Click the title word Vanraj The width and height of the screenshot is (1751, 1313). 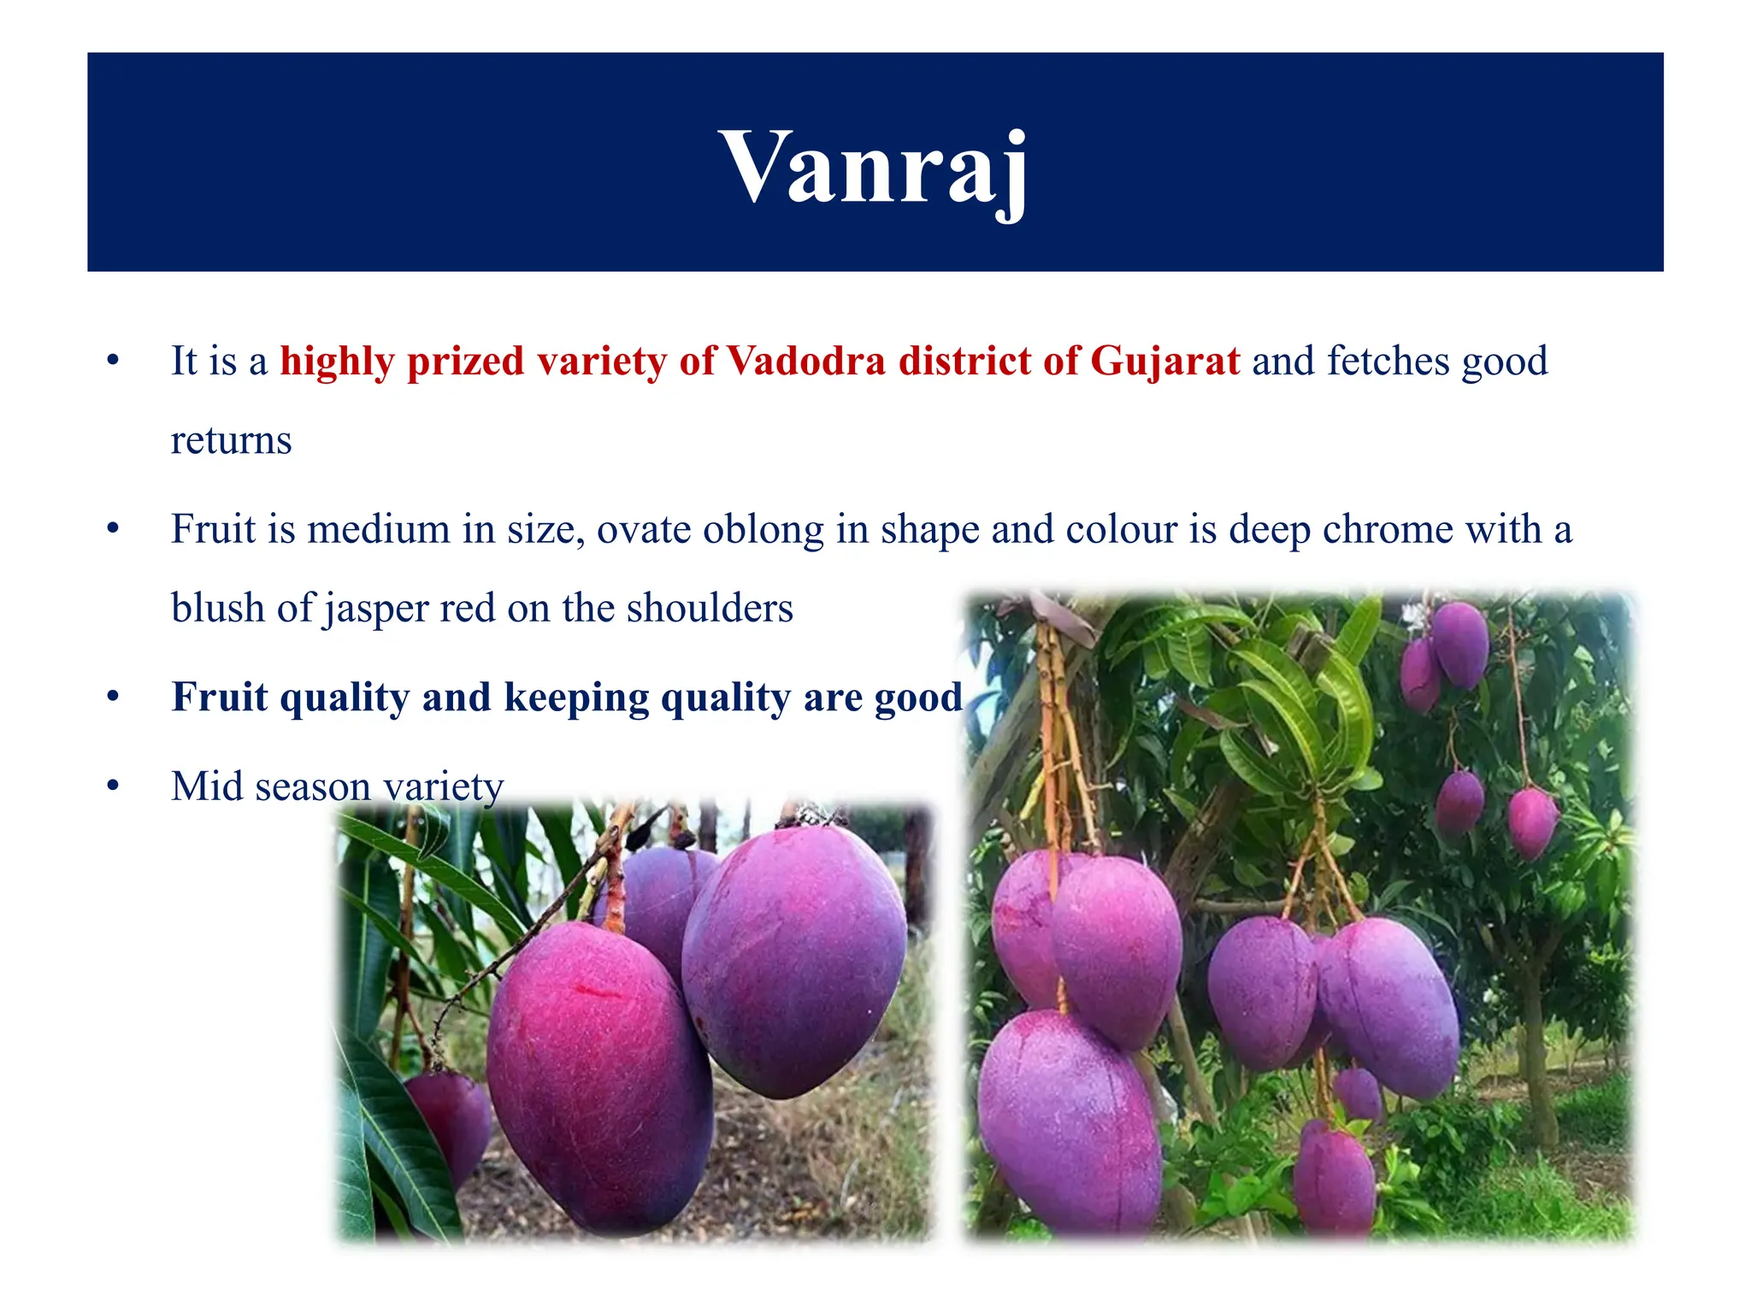[x=875, y=167]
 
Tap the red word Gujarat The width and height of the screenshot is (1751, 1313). [x=1164, y=361]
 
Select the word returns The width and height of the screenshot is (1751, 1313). [x=231, y=441]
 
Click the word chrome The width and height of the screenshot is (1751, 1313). [x=1388, y=529]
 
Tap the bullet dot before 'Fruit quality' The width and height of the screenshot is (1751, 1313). [x=113, y=698]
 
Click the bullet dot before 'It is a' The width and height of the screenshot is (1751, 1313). [x=113, y=361]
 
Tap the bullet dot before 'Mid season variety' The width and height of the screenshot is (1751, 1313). [x=113, y=786]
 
